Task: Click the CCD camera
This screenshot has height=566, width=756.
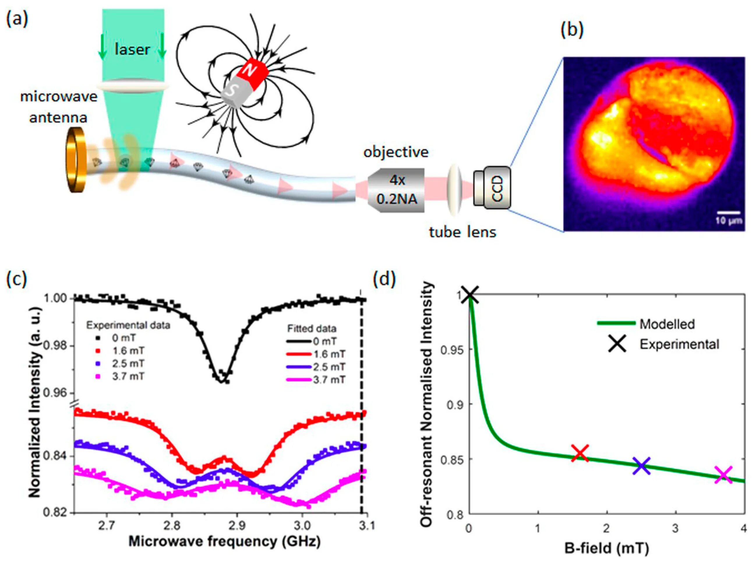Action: tap(492, 187)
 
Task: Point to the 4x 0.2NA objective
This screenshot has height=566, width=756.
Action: tap(396, 190)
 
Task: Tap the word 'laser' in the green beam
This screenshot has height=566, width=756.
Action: tap(132, 50)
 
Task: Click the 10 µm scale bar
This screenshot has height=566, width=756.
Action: tap(728, 212)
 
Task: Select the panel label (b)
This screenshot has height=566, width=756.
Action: tap(572, 30)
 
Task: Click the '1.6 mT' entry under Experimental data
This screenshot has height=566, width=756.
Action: tap(128, 351)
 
